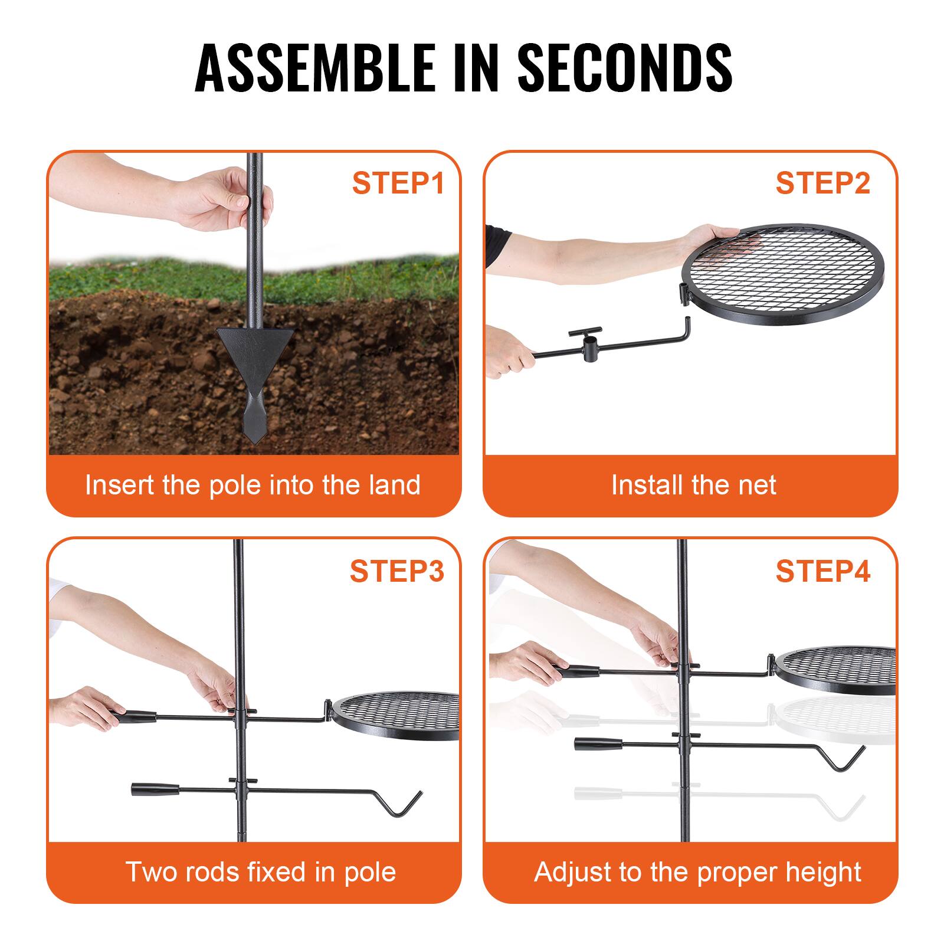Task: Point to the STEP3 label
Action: click(x=396, y=571)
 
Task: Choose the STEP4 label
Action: click(x=822, y=571)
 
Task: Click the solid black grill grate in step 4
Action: click(x=838, y=670)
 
